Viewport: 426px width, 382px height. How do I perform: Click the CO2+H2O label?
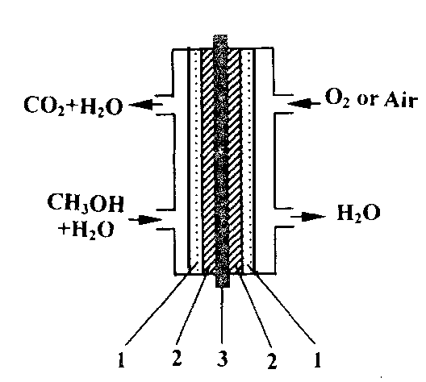click(x=73, y=106)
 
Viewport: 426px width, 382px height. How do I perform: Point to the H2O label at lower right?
click(x=358, y=214)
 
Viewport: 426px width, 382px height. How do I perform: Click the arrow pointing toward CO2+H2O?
click(x=145, y=105)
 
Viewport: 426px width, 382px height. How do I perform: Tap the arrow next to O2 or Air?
click(x=303, y=103)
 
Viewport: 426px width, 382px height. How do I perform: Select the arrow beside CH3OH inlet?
click(x=145, y=219)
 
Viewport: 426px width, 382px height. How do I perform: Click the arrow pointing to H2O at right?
click(x=308, y=216)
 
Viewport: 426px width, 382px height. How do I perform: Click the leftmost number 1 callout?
click(x=121, y=360)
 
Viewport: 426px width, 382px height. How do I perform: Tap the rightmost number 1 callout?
click(x=317, y=360)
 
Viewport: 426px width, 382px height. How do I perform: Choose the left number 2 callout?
click(x=177, y=358)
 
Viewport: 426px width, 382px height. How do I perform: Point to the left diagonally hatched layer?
click(x=207, y=160)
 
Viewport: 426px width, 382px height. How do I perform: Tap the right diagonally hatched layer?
click(x=235, y=160)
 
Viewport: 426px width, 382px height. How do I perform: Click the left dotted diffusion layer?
click(x=195, y=160)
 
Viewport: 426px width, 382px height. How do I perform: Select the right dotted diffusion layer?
click(x=248, y=160)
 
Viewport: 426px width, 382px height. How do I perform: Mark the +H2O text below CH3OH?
click(x=86, y=230)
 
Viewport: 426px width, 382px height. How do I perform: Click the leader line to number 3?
click(x=222, y=316)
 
